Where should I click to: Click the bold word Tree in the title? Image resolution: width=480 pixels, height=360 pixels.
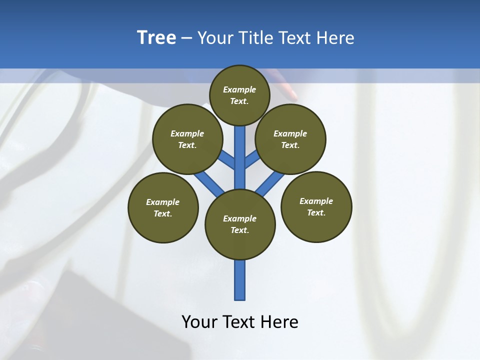click(x=156, y=38)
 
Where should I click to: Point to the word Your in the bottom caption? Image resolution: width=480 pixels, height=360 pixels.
click(x=199, y=322)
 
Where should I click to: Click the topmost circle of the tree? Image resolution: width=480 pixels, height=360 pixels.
click(x=239, y=95)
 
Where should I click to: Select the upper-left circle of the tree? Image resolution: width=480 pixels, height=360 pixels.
click(x=187, y=139)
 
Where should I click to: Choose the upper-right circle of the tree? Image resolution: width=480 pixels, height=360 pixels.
click(x=290, y=139)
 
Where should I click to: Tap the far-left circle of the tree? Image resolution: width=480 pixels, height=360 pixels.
click(x=163, y=207)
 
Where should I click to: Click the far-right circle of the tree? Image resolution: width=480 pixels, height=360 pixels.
click(x=316, y=206)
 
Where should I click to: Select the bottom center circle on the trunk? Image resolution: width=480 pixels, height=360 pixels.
click(x=240, y=224)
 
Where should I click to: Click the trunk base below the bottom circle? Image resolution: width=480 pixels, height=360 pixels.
click(x=240, y=280)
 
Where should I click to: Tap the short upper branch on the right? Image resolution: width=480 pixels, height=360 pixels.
click(x=252, y=160)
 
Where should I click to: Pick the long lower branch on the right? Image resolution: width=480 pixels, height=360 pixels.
click(x=270, y=183)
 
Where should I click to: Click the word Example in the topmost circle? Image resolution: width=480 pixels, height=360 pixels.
click(x=239, y=89)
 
